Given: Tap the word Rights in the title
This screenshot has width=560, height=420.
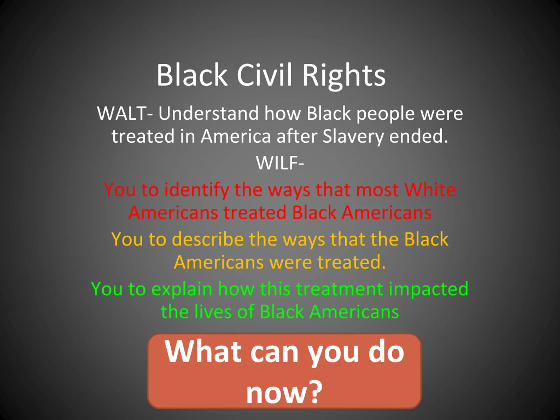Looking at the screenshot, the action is coord(344,77).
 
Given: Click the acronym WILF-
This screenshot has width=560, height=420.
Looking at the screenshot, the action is coord(280,163).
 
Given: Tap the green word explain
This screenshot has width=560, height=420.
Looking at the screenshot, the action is coord(182,290).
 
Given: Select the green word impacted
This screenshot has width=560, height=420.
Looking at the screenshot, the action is coord(428,290).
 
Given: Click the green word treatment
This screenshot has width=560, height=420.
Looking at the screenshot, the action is coord(339,289).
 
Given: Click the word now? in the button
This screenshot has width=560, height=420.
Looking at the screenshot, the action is coord(284,392).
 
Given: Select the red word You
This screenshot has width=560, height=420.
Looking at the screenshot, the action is coord(119,190).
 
